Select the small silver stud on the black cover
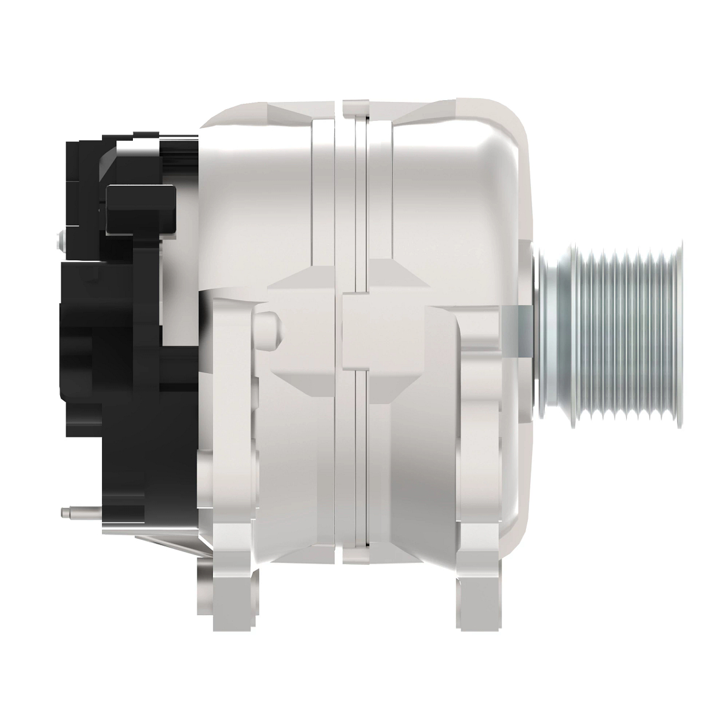coord(59,241)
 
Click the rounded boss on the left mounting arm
coord(267,329)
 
